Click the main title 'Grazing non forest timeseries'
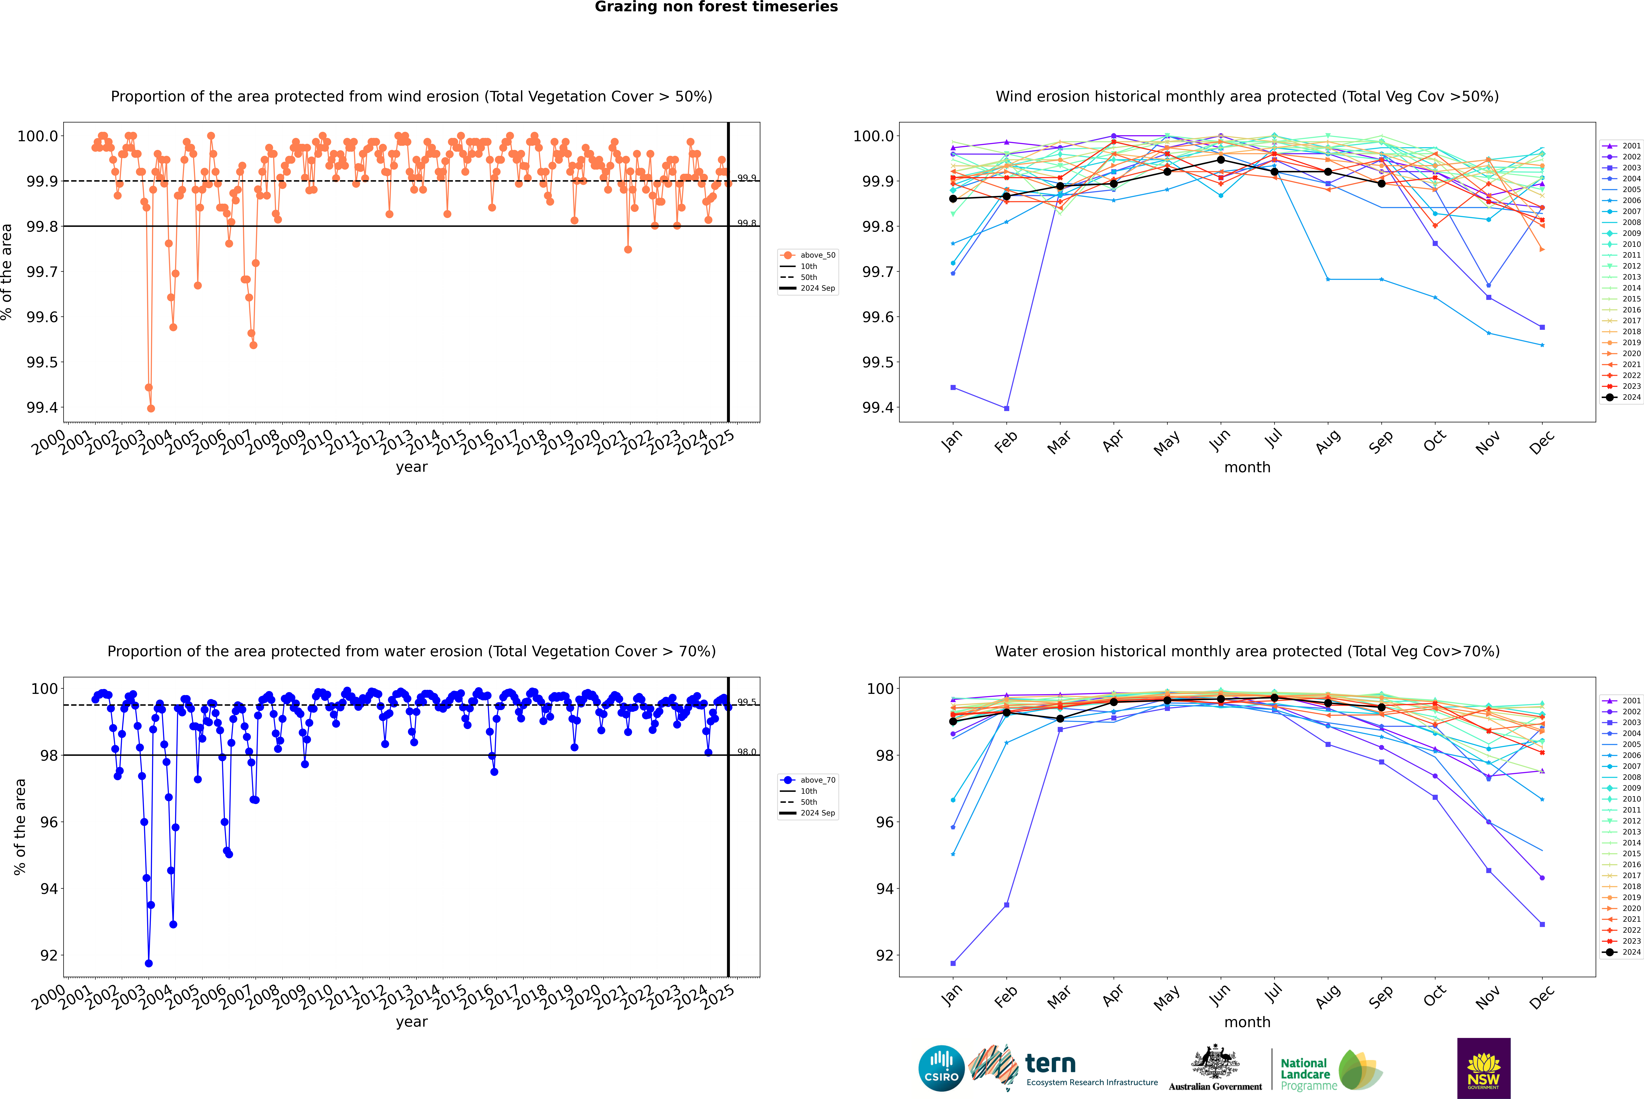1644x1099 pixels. (x=716, y=7)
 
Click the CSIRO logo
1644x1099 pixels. (x=941, y=1068)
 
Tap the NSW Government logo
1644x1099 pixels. (x=1483, y=1068)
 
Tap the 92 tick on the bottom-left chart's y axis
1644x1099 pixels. (x=49, y=955)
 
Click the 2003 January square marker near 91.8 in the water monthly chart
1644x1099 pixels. (x=953, y=963)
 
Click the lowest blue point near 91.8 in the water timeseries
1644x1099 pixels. (x=149, y=963)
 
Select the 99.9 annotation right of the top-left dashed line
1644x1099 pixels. (x=747, y=178)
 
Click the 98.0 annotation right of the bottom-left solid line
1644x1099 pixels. (x=747, y=752)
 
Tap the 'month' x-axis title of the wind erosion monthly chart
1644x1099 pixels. (x=1247, y=468)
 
